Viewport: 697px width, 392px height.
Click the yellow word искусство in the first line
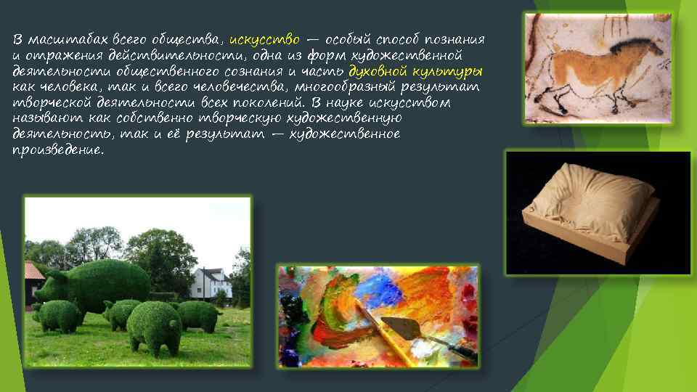pyautogui.click(x=264, y=39)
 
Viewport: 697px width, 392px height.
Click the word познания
pyautogui.click(x=455, y=39)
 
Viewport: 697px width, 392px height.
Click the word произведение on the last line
pyautogui.click(x=58, y=152)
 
